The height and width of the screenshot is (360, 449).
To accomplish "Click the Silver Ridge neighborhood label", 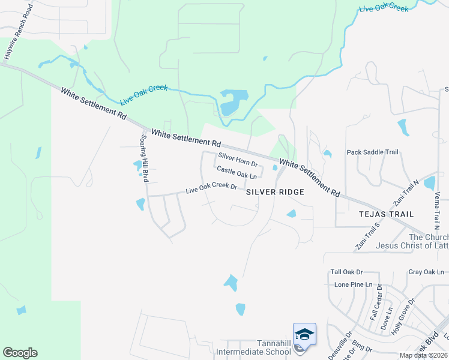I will click(275, 191).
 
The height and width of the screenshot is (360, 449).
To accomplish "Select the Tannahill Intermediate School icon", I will click(304, 334).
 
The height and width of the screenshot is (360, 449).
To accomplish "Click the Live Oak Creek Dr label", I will click(211, 188).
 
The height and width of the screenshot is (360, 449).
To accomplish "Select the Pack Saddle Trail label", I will click(372, 152).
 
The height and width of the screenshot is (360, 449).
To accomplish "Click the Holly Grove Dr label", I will click(403, 316).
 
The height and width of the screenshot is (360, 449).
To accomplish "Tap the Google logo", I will click(20, 353).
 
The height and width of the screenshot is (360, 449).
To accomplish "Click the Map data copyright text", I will click(423, 355).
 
